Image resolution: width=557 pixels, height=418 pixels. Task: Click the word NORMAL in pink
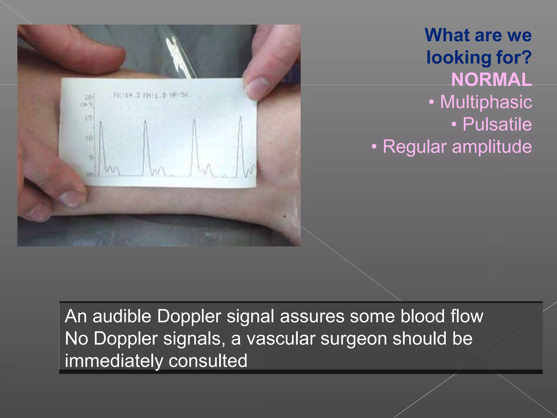pyautogui.click(x=491, y=79)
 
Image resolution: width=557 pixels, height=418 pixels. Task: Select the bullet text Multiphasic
pyautogui.click(x=486, y=102)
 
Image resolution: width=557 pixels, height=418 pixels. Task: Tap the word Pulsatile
pyautogui.click(x=497, y=124)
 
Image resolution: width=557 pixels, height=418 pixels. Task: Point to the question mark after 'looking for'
pyautogui.click(x=527, y=57)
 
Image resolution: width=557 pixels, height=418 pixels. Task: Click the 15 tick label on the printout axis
pyautogui.click(x=88, y=118)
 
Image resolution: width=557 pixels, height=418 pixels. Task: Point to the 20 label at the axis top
pyautogui.click(x=88, y=97)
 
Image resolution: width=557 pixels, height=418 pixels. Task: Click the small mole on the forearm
pyautogui.click(x=285, y=216)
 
